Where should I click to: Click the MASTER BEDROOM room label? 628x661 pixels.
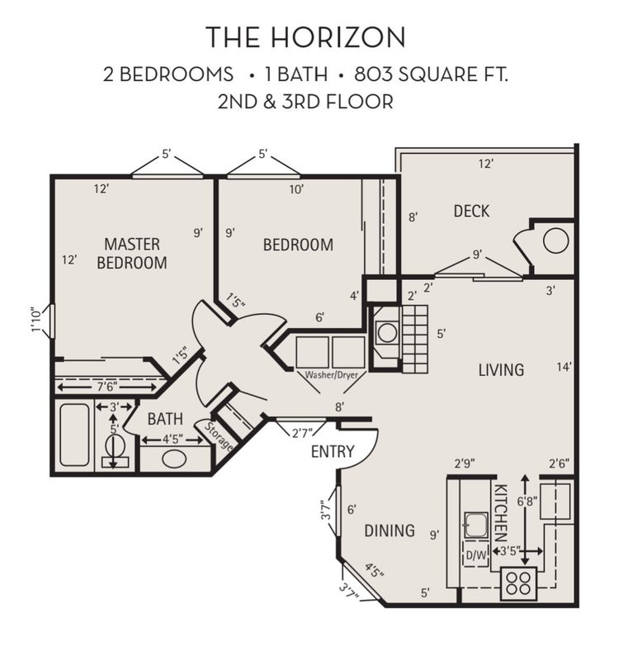(132, 254)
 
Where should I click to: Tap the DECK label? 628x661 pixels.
(471, 211)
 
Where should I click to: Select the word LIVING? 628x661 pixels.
(501, 369)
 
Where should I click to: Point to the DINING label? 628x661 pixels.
(390, 530)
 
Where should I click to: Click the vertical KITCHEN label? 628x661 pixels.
(501, 512)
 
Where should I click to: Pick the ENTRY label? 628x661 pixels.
(333, 451)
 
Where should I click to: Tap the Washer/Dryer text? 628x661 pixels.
(331, 375)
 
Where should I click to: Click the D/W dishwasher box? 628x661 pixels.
(476, 555)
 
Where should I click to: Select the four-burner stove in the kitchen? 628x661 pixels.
(518, 583)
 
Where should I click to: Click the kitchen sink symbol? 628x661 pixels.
(475, 525)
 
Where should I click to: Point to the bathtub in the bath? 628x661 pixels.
(74, 435)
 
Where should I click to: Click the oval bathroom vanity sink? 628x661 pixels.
(175, 459)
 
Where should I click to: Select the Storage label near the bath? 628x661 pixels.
(219, 436)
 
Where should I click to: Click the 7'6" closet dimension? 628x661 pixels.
(106, 386)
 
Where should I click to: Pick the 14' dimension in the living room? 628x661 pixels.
(564, 367)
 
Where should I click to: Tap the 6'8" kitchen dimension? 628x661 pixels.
(526, 502)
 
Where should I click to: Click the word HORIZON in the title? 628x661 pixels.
(338, 36)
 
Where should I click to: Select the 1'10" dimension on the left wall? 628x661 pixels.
(36, 321)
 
